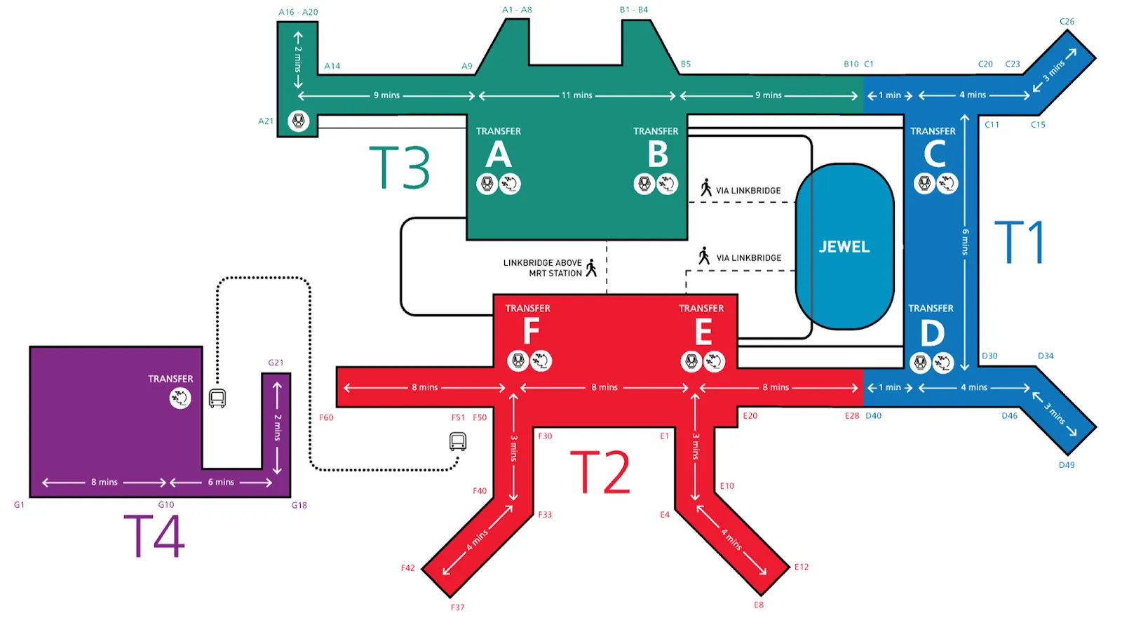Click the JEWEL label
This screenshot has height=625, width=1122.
click(x=844, y=247)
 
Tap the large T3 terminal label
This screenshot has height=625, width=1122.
click(x=399, y=168)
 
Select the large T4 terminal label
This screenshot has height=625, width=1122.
click(x=154, y=536)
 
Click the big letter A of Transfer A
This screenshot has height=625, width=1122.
click(x=498, y=154)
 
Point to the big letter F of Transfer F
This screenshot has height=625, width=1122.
click(x=531, y=331)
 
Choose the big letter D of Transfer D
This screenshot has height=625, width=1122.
click(x=932, y=333)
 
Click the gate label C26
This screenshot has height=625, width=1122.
click(x=1067, y=22)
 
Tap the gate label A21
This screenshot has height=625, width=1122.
click(x=266, y=121)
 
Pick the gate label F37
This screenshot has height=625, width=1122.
click(x=457, y=607)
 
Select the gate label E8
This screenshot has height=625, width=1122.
click(x=759, y=605)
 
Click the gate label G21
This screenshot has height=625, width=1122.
click(x=276, y=363)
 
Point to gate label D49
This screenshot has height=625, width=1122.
click(x=1067, y=465)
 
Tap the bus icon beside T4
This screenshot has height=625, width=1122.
click(x=217, y=398)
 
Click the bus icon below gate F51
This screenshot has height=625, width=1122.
click(x=458, y=442)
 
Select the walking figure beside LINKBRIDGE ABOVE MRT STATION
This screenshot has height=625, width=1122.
click(x=591, y=267)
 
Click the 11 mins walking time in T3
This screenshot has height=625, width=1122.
click(x=576, y=95)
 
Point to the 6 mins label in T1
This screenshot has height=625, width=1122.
click(x=965, y=241)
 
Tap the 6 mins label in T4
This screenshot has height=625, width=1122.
click(x=221, y=483)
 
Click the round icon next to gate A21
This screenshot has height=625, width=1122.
click(x=299, y=121)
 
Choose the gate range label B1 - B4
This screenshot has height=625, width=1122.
click(x=634, y=10)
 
